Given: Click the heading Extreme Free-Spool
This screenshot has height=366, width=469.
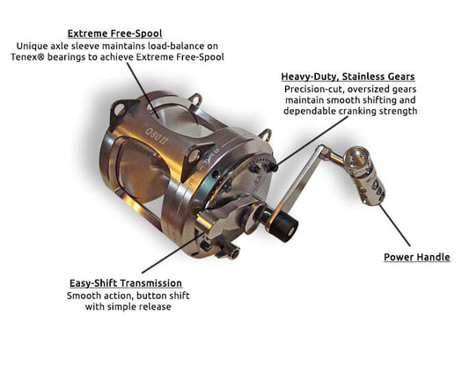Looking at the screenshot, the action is [x=115, y=33].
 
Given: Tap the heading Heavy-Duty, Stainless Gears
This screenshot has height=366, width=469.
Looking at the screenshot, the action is [x=348, y=77].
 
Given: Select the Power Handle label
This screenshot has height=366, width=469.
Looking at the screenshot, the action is [x=417, y=257].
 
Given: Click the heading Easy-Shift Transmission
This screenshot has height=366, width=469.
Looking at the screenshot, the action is [x=126, y=283].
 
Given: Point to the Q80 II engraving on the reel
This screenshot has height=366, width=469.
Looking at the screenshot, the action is [x=156, y=135].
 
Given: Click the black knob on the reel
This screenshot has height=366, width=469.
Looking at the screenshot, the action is [x=284, y=226].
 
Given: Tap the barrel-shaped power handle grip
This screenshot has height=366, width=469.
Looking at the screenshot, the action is [x=365, y=176].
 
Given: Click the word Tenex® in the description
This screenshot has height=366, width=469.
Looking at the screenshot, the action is [x=27, y=57].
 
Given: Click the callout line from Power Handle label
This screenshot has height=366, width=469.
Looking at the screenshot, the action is [x=394, y=225].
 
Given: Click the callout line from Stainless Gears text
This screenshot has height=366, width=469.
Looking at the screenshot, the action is [x=311, y=141].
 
